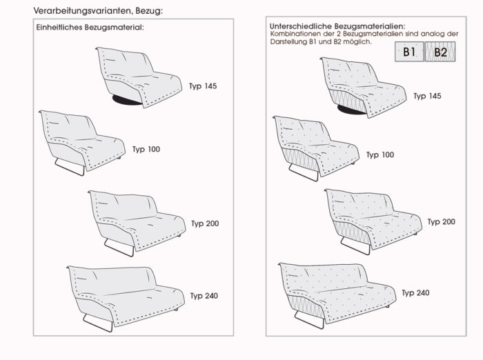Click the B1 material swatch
[409, 52]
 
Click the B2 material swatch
[440, 52]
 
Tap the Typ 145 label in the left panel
[203, 86]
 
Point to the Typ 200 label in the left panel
[206, 223]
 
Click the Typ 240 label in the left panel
[204, 296]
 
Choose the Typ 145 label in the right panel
[428, 96]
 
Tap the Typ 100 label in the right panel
[379, 154]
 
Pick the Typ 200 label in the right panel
[442, 221]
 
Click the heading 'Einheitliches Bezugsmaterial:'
[90, 27]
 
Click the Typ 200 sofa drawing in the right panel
[373, 217]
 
